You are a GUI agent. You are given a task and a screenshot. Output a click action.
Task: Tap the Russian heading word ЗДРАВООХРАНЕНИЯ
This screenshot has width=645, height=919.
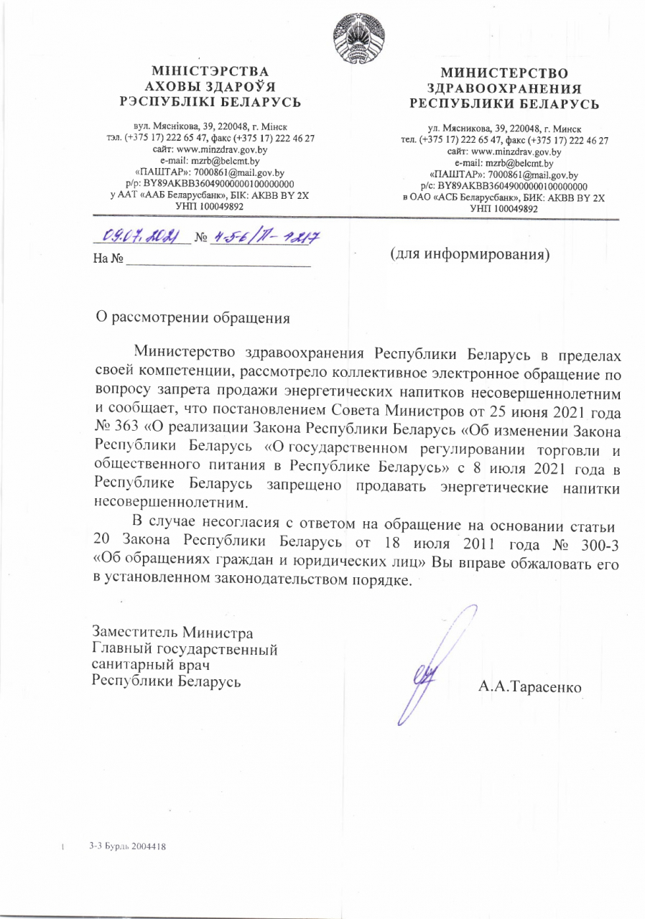click(504, 88)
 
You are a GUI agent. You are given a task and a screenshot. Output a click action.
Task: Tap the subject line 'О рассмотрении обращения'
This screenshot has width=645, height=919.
click(194, 317)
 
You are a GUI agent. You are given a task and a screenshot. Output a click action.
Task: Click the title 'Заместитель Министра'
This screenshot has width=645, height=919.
click(172, 633)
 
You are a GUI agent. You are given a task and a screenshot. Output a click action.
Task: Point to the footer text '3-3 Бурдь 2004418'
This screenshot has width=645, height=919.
click(128, 847)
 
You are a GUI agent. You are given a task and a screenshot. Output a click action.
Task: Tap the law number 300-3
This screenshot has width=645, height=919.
click(594, 541)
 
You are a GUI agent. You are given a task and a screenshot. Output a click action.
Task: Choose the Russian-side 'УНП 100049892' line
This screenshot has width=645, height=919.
click(504, 207)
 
